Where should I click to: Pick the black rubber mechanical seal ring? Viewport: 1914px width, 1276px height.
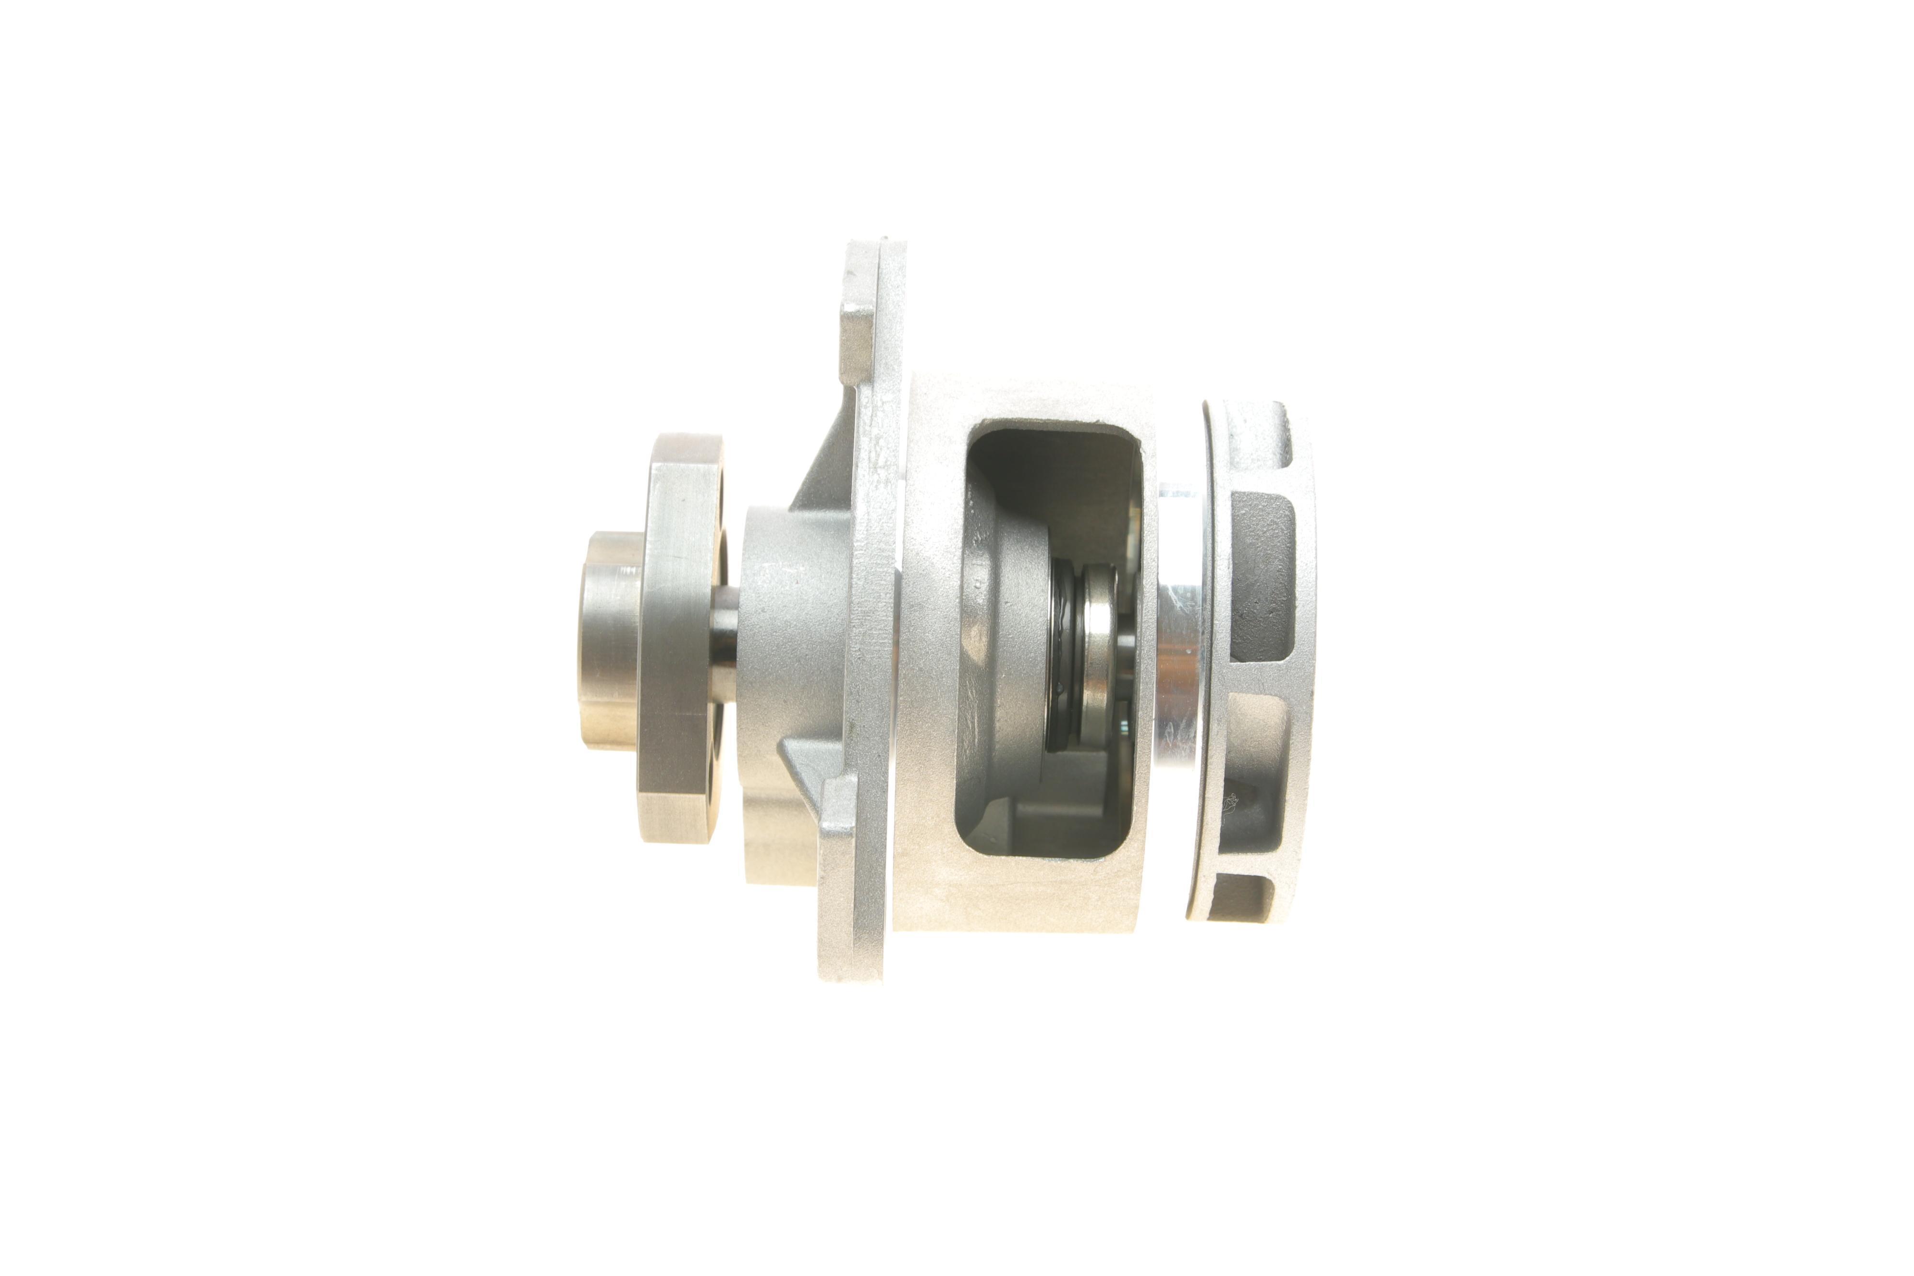(x=1062, y=651)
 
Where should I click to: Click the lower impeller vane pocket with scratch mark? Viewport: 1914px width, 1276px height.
(x=1253, y=781)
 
